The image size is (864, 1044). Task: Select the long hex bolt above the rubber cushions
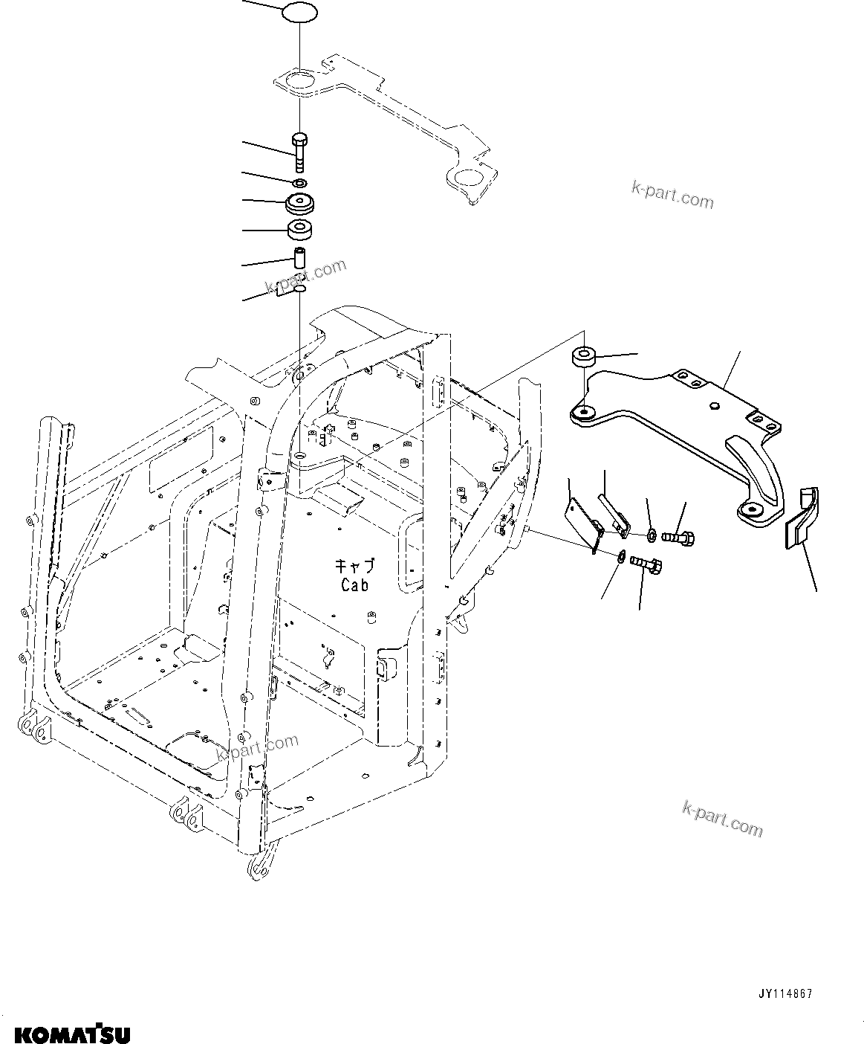click(299, 152)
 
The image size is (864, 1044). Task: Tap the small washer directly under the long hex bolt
click(299, 183)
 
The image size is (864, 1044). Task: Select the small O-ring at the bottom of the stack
click(299, 287)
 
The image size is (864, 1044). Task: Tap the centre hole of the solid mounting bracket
click(713, 407)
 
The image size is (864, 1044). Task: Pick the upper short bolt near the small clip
click(681, 535)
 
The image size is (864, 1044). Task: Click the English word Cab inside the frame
click(354, 585)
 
